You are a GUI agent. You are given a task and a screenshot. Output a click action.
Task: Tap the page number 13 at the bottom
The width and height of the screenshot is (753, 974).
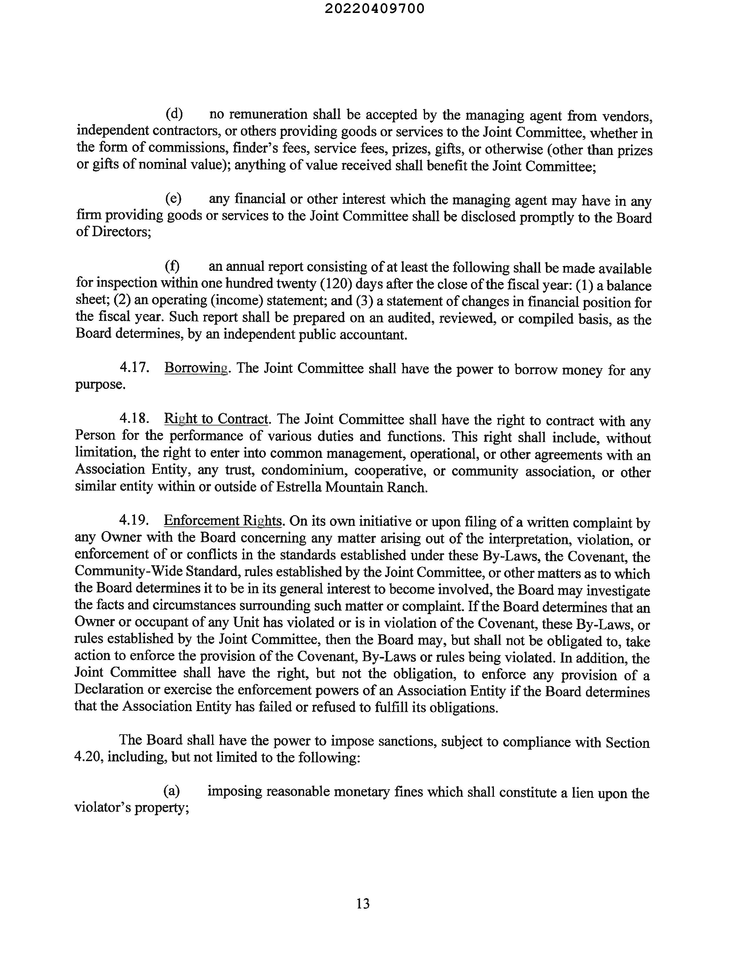pyautogui.click(x=363, y=903)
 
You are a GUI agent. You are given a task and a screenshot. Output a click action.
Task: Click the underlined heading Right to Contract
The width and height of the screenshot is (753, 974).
pyautogui.click(x=216, y=419)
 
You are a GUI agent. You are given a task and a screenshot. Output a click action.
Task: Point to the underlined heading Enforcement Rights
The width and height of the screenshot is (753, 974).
pyautogui.click(x=223, y=521)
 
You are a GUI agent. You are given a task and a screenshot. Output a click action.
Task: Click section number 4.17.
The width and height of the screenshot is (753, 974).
pyautogui.click(x=134, y=368)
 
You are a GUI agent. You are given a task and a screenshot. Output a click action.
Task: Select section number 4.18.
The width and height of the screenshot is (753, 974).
pyautogui.click(x=134, y=419)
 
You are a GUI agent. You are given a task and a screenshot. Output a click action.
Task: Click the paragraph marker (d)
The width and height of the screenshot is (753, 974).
pyautogui.click(x=174, y=114)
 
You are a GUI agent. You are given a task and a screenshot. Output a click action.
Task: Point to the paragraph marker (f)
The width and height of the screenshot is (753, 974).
pyautogui.click(x=172, y=267)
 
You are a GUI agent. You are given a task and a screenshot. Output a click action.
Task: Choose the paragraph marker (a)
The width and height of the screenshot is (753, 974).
pyautogui.click(x=172, y=791)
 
